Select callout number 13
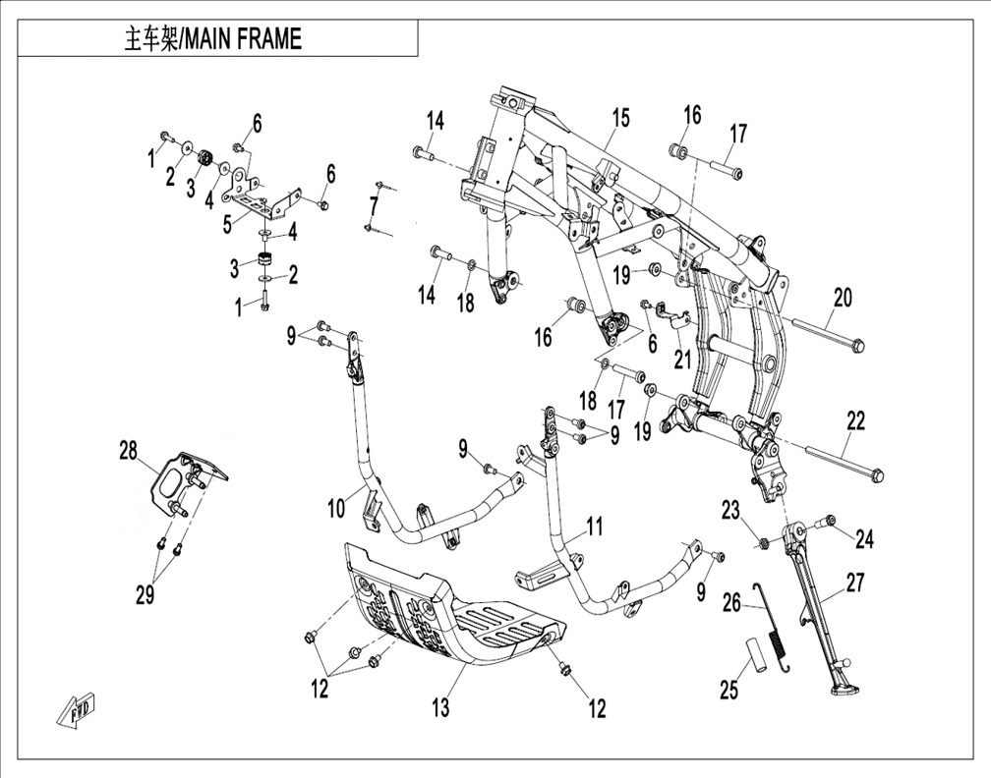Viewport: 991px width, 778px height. (440, 707)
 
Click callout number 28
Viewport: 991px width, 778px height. (128, 452)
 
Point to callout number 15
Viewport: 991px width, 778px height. (620, 118)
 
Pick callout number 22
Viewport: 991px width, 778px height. (855, 421)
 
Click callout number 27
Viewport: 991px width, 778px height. (855, 583)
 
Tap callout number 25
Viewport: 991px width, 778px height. (729, 690)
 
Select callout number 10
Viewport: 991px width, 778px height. (337, 508)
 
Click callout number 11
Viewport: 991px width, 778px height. (594, 527)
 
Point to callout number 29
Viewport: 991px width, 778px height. (145, 595)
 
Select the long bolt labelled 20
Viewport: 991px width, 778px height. (826, 335)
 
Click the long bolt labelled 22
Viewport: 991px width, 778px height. (845, 463)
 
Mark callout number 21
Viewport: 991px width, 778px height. (682, 360)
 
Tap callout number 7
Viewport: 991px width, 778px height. (374, 206)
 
